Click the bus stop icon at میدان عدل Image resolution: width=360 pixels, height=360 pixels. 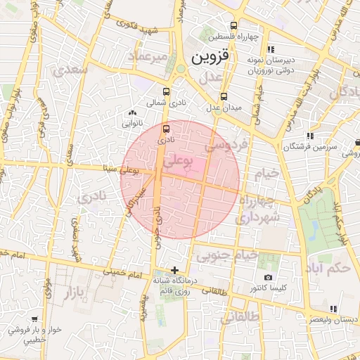(224, 96)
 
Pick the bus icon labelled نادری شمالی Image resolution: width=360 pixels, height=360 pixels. (166, 91)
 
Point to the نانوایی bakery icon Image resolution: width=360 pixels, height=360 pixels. (132, 112)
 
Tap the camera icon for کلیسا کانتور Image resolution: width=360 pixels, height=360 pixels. (267, 278)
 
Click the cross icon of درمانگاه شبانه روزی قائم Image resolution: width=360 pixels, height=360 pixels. (175, 270)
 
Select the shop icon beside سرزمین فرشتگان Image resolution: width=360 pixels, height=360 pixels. (309, 136)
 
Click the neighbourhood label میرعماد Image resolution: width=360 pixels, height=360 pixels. (150, 55)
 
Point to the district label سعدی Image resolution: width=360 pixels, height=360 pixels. (75, 70)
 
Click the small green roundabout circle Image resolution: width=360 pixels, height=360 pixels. (181, 68)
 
